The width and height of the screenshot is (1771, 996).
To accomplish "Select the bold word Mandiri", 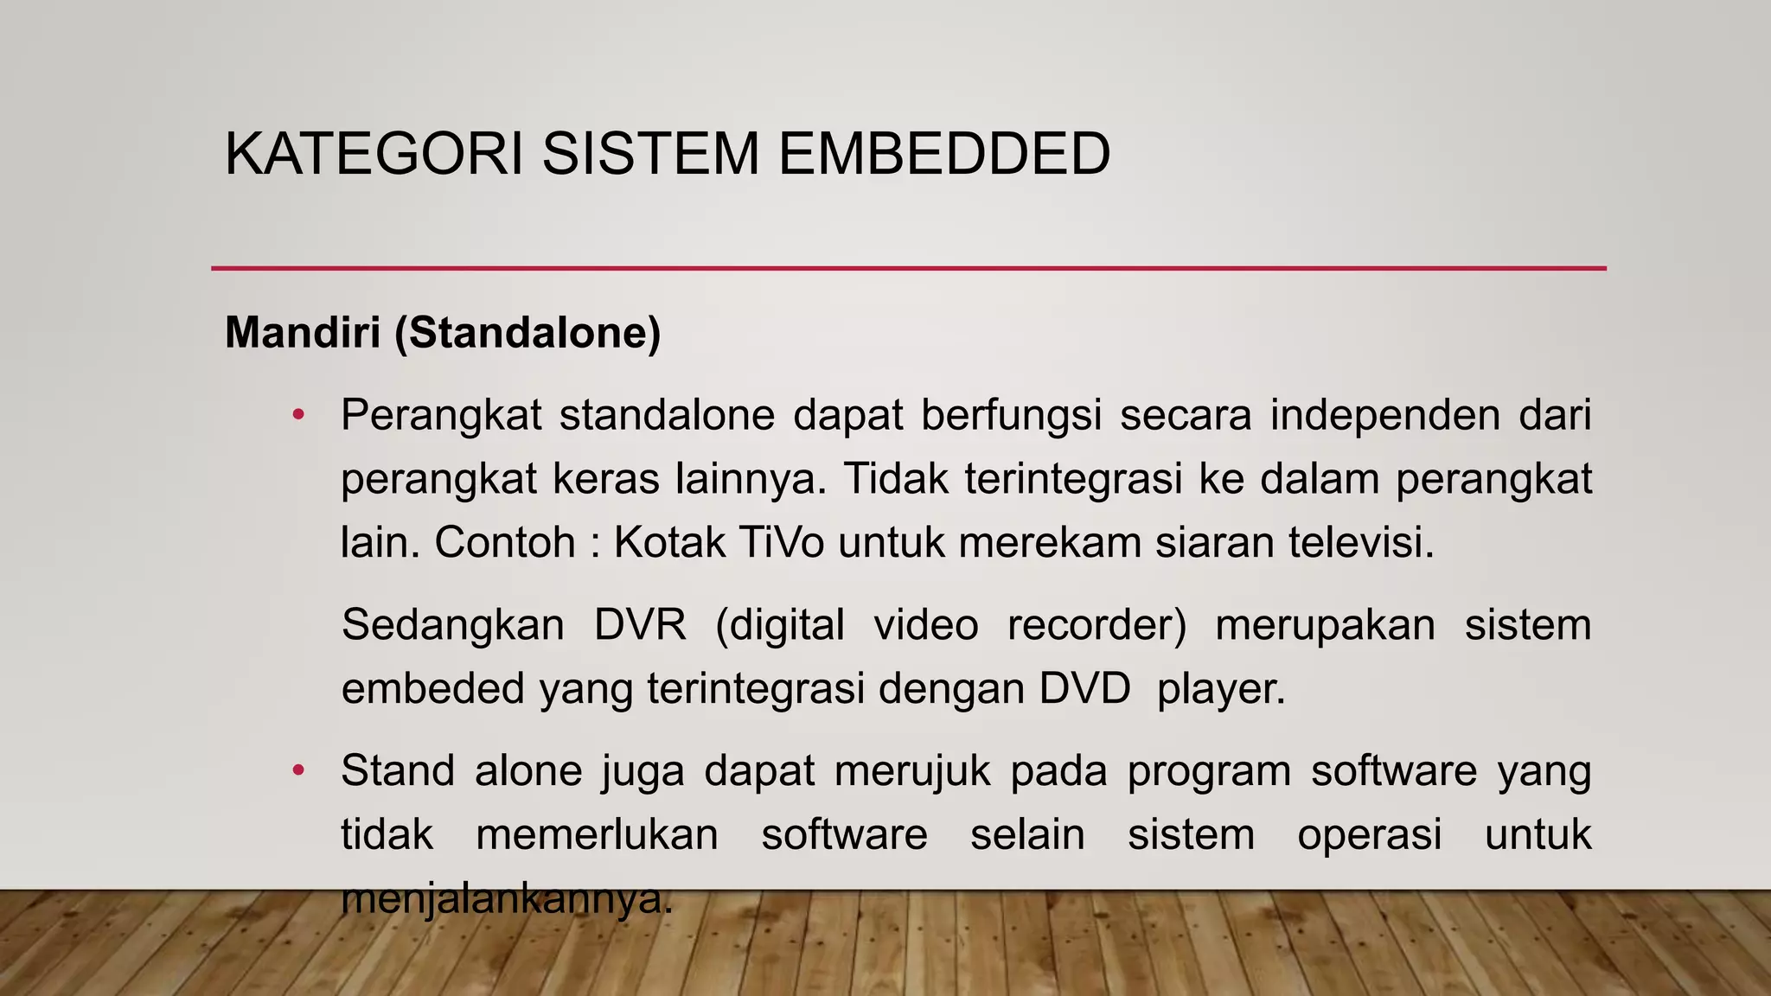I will [x=303, y=332].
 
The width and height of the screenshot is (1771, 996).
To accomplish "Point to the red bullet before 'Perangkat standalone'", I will [x=298, y=415].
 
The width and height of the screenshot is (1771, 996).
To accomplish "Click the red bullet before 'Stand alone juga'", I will [x=298, y=770].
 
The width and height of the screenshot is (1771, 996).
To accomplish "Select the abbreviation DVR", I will [x=640, y=624].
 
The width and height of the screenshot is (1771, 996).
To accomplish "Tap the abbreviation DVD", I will [x=1084, y=689].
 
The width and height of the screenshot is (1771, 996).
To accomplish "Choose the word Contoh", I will [x=505, y=543].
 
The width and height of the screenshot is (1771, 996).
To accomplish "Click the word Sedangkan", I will [x=452, y=624].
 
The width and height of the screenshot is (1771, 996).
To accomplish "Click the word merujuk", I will [x=911, y=770].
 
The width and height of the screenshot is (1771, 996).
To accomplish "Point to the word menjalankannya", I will [x=506, y=899].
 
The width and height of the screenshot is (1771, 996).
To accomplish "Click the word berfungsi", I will [x=1011, y=417].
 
